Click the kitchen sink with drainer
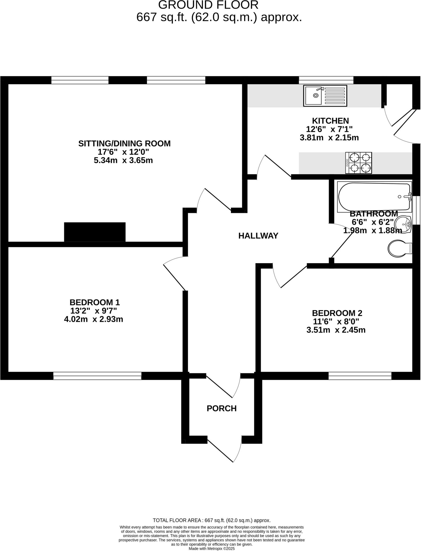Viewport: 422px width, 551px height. click(x=325, y=96)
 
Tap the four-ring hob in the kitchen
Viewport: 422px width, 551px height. click(x=359, y=163)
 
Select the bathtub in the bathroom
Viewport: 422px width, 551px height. click(x=375, y=197)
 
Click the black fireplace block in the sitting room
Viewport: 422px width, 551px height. click(x=95, y=232)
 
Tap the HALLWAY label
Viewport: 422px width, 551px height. click(x=258, y=236)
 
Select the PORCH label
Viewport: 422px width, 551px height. click(x=222, y=408)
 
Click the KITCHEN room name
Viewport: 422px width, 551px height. click(x=330, y=121)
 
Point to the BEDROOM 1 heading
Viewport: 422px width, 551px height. click(x=95, y=302)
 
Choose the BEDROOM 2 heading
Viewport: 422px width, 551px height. click(x=337, y=313)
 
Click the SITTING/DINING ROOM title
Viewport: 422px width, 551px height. click(x=124, y=144)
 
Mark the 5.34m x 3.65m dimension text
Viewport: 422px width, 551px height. click(x=123, y=161)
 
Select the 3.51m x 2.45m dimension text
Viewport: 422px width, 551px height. click(x=336, y=330)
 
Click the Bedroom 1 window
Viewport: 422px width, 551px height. click(x=97, y=376)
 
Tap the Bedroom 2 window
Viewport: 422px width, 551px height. click(x=360, y=376)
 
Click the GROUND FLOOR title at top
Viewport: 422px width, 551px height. click(x=208, y=5)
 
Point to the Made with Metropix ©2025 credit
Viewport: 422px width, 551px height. click(x=212, y=549)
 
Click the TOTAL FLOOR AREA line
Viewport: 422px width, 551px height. click(x=212, y=520)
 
